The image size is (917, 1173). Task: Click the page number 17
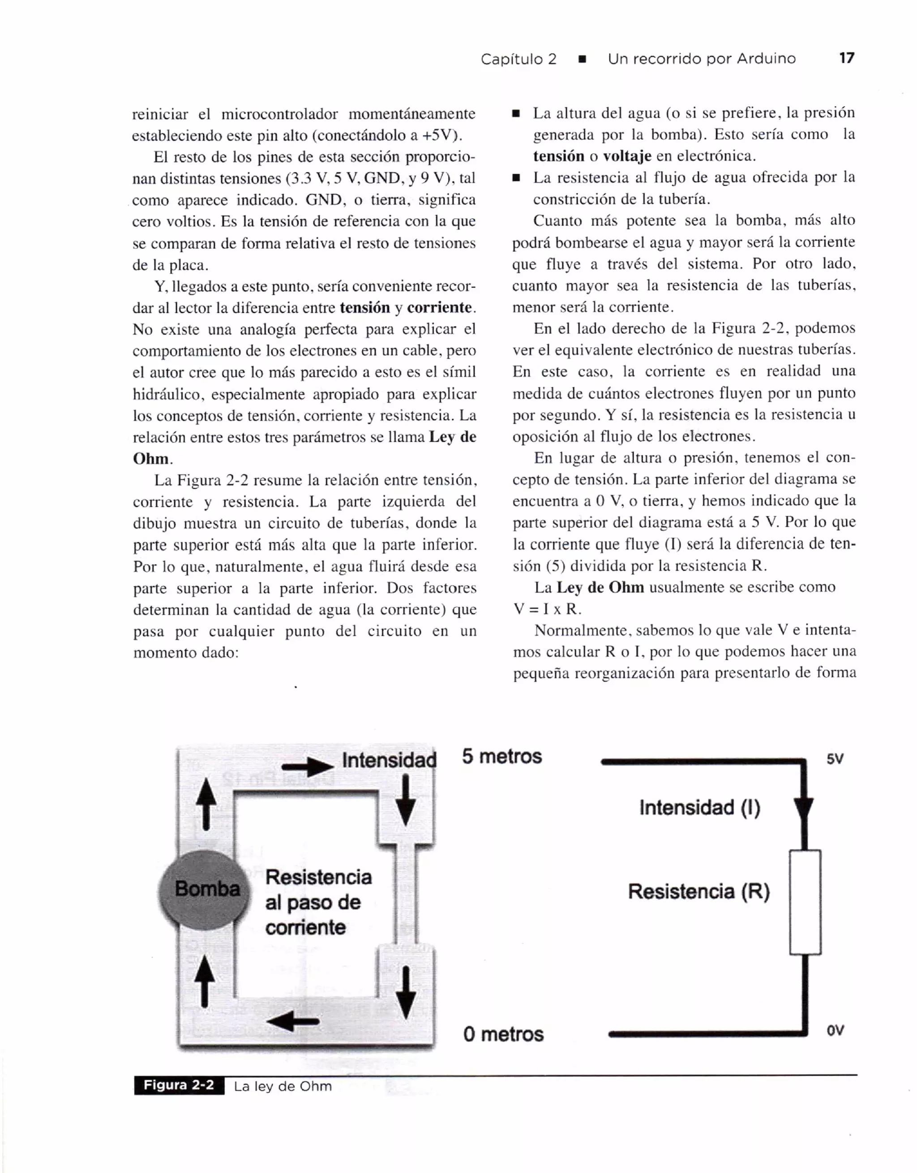[x=846, y=58]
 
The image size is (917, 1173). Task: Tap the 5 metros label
[x=502, y=756]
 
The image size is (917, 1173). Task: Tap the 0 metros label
[x=503, y=1034]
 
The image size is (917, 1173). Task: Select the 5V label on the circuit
[x=835, y=759]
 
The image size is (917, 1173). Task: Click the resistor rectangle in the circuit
[x=805, y=902]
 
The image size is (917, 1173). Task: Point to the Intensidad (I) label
[x=699, y=807]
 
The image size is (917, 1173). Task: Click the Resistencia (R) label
[x=699, y=891]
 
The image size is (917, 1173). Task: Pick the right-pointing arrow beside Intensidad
[x=307, y=768]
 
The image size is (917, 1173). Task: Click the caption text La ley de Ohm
[x=283, y=1087]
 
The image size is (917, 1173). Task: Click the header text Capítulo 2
[x=518, y=59]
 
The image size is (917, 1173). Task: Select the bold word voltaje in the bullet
[x=627, y=156]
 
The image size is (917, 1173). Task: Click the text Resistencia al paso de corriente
[x=318, y=902]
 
